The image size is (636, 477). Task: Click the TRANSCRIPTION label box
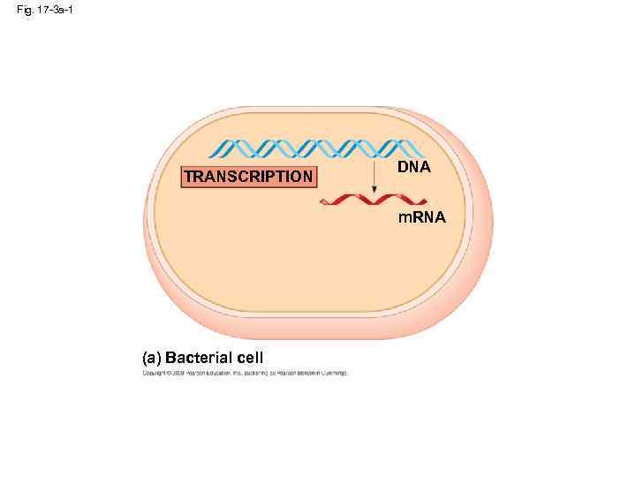coord(248,177)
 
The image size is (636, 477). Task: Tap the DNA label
coord(413,166)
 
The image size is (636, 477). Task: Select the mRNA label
coord(421,217)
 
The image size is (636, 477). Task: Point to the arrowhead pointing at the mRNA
coord(375,191)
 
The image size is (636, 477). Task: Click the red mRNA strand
coord(363,201)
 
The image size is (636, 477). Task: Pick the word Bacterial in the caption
coord(199,358)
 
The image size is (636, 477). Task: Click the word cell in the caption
coord(250,358)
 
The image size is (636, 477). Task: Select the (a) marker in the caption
coord(151,358)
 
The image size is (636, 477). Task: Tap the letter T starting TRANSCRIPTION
coord(188,177)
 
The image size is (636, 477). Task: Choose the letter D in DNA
coord(402,166)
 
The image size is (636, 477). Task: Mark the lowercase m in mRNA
coord(403,217)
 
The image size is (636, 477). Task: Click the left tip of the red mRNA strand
coord(322,202)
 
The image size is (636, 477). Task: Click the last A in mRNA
coord(440,217)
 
